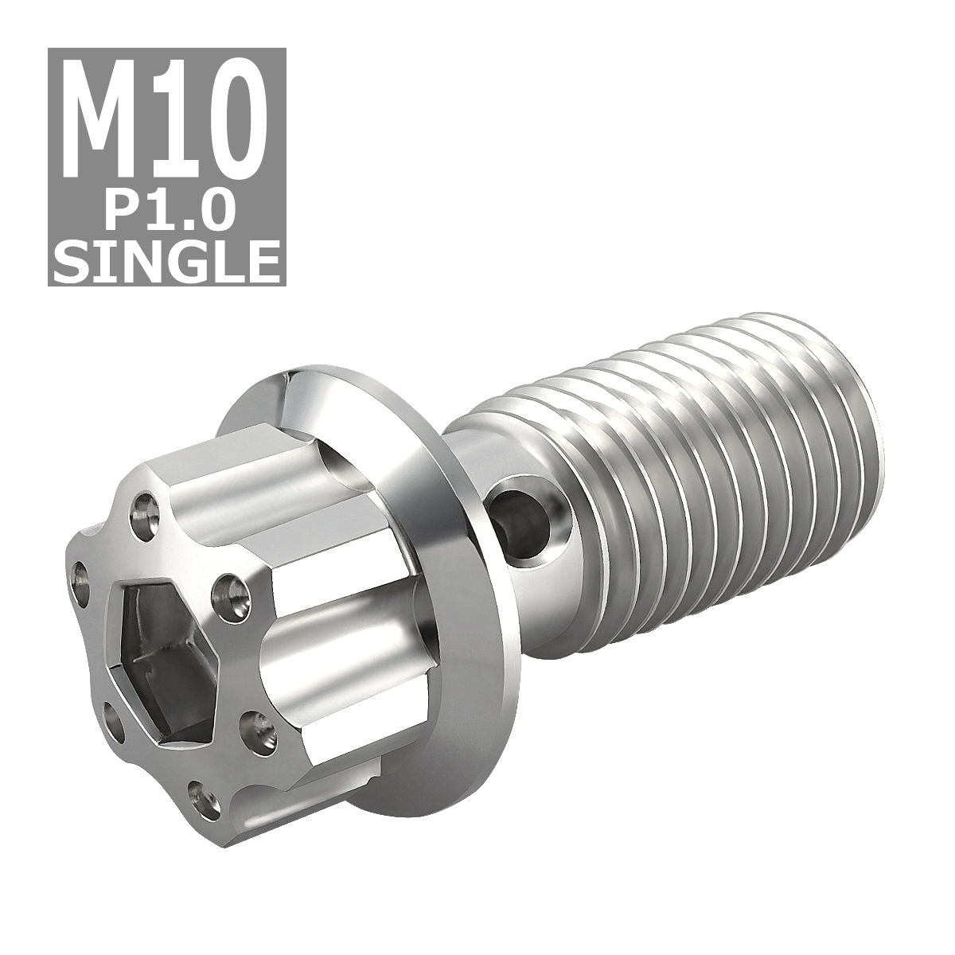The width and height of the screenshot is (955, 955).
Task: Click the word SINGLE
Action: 167,256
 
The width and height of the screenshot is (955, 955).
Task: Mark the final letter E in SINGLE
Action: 261,256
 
